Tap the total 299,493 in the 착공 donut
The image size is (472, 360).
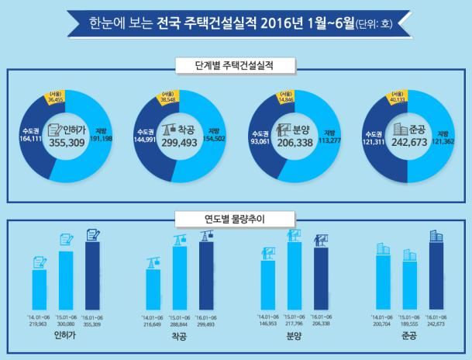[x=175, y=144]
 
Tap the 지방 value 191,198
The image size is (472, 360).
[x=105, y=138]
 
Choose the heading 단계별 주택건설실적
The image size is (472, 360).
[x=236, y=63]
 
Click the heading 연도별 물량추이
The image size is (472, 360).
[x=236, y=220]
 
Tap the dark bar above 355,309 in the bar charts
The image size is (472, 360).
[x=94, y=275]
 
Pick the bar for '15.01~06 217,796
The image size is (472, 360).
[x=295, y=275]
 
